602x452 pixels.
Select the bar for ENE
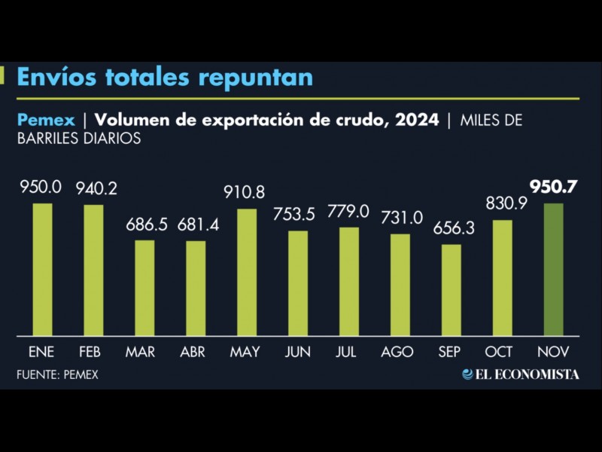[x=43, y=269]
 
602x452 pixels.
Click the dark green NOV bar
[x=553, y=269]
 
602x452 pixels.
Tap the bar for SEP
[x=451, y=289]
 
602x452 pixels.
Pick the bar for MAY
[x=247, y=272]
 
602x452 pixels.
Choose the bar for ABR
[x=196, y=288]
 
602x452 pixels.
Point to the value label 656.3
[x=451, y=228]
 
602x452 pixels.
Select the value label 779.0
[x=348, y=212]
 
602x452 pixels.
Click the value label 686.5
[x=144, y=224]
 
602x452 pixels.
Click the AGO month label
[x=400, y=352]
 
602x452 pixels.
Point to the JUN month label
[x=298, y=352]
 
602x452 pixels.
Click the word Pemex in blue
[x=45, y=120]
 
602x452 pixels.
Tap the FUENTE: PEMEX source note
[x=57, y=374]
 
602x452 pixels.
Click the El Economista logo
[x=521, y=374]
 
